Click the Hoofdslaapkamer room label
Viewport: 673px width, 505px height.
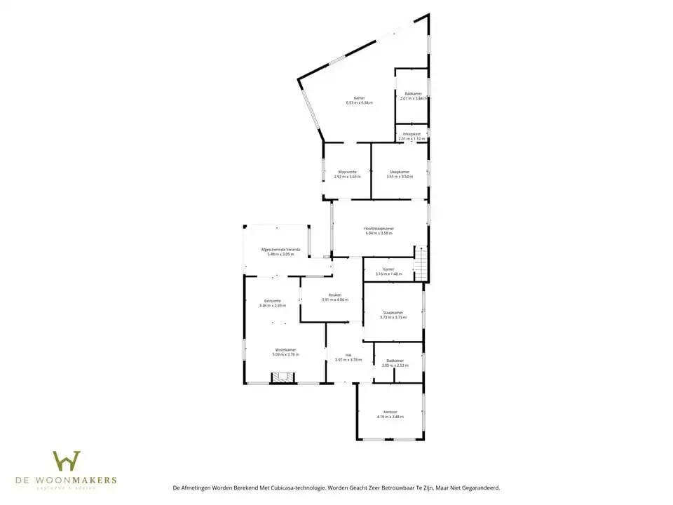(x=379, y=229)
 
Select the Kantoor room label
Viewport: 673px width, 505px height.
(x=390, y=412)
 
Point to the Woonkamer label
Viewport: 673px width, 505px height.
(x=285, y=349)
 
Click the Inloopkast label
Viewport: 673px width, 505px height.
(x=412, y=133)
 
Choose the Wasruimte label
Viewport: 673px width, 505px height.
(x=347, y=171)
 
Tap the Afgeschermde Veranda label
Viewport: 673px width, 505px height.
(x=280, y=249)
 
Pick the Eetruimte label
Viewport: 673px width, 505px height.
(x=273, y=300)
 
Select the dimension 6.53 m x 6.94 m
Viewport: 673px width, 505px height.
(x=359, y=103)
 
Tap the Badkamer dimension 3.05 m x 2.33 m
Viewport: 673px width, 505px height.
(x=395, y=365)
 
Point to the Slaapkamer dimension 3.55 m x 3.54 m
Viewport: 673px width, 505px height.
(x=399, y=177)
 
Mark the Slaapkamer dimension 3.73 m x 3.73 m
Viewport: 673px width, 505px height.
(x=393, y=318)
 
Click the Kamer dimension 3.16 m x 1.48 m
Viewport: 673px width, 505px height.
(x=388, y=274)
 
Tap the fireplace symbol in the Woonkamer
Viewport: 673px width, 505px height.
(x=284, y=378)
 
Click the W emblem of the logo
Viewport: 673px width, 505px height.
(x=67, y=461)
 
